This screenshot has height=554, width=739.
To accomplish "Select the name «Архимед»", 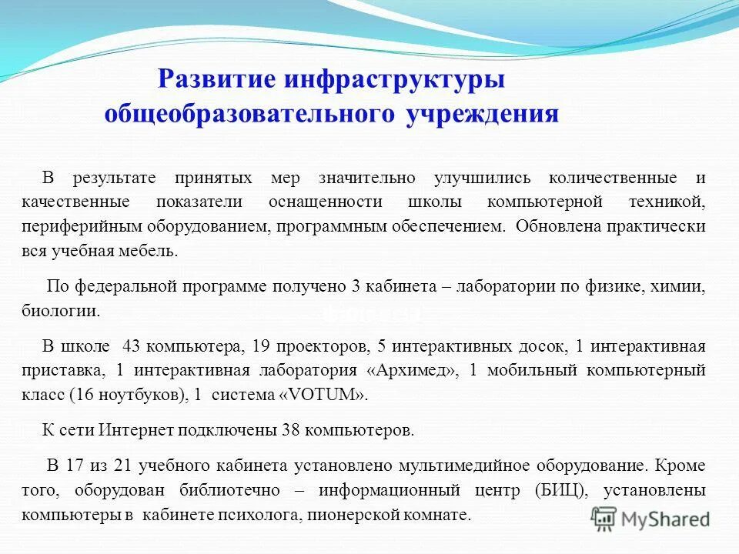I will [413, 370].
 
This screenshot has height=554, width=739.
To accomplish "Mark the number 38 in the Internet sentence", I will [291, 430].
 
